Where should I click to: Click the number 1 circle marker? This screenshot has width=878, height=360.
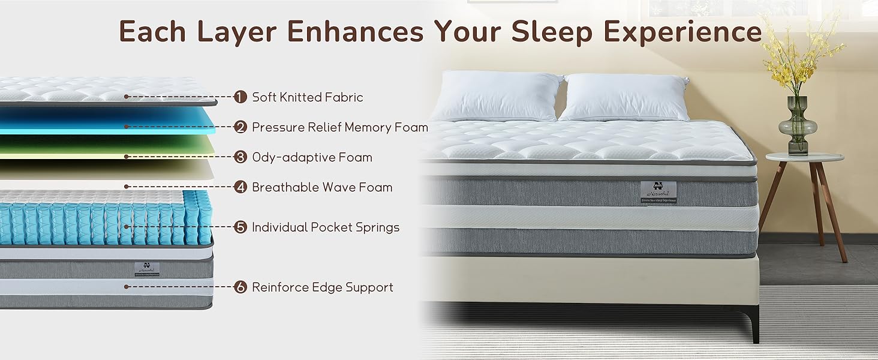pos(240,97)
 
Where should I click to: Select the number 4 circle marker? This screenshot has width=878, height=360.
pos(240,187)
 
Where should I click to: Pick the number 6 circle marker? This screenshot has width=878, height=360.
pos(240,287)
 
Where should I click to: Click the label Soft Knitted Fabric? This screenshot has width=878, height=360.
pos(307,97)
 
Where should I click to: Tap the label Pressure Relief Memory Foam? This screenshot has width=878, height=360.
pos(339,127)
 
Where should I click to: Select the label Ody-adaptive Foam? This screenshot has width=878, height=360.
pos(312,157)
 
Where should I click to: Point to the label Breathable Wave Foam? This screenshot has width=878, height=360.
pos(321,187)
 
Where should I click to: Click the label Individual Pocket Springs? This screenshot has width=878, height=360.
pos(325,227)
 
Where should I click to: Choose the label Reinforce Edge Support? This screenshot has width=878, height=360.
pos(322,287)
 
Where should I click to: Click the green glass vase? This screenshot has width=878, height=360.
pos(797,126)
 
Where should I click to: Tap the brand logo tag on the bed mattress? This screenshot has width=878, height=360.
pos(658,192)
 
